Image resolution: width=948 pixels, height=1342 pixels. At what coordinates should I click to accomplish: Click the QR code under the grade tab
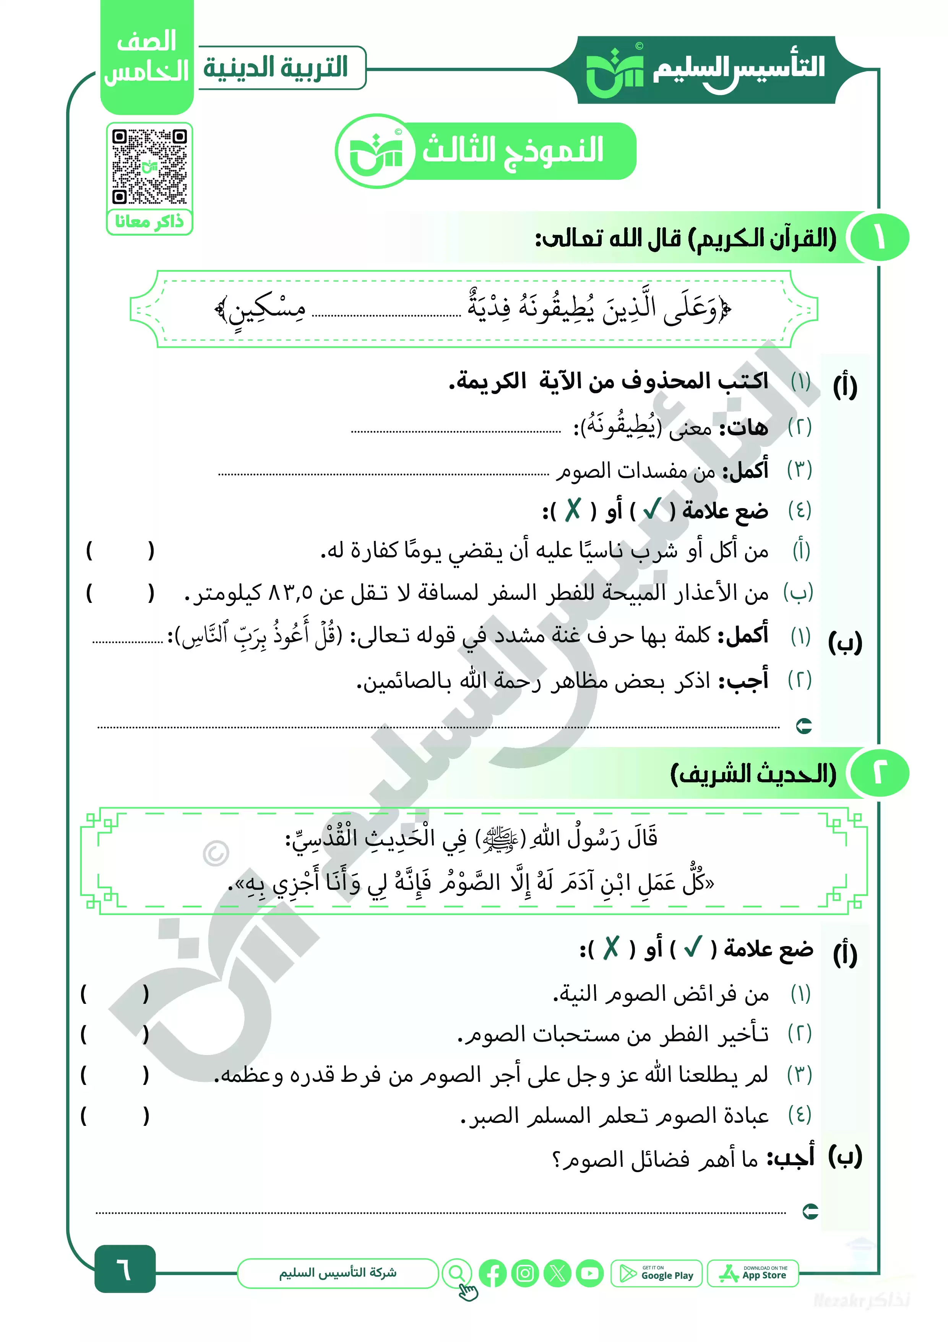[149, 166]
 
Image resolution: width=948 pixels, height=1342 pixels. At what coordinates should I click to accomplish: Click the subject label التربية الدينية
[276, 68]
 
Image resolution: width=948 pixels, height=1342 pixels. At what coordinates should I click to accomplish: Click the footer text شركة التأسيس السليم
[338, 1273]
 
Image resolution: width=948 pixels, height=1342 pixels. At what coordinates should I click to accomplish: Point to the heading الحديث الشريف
[753, 774]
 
